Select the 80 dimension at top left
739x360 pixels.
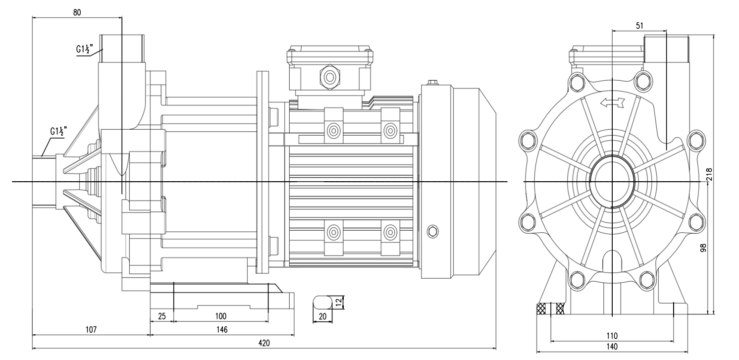tap(77, 13)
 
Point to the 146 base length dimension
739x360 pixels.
tap(221, 329)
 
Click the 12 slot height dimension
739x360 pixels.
tap(339, 301)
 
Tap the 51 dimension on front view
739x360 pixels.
tap(639, 25)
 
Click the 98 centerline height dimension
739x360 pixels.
tap(709, 247)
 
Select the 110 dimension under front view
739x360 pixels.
tap(612, 335)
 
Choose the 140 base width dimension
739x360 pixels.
tap(612, 346)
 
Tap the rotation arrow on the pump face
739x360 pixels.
tap(612, 103)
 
